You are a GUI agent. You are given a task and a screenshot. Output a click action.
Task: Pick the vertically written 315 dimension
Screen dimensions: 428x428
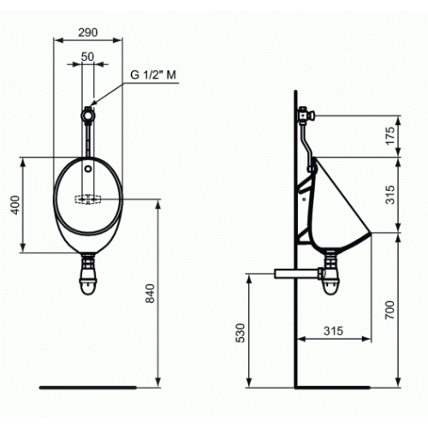point(389,195)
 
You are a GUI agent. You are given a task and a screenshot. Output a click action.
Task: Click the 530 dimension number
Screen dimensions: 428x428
point(241,332)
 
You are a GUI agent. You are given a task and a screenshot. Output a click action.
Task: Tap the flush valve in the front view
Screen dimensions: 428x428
point(87,111)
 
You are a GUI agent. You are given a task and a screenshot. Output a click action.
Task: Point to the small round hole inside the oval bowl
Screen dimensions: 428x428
point(87,169)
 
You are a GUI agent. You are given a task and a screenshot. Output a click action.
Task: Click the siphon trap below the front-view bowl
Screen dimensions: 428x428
point(87,276)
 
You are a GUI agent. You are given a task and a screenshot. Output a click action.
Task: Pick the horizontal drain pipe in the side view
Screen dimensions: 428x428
point(292,274)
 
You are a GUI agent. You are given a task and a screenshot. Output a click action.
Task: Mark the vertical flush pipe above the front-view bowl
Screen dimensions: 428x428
point(87,137)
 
